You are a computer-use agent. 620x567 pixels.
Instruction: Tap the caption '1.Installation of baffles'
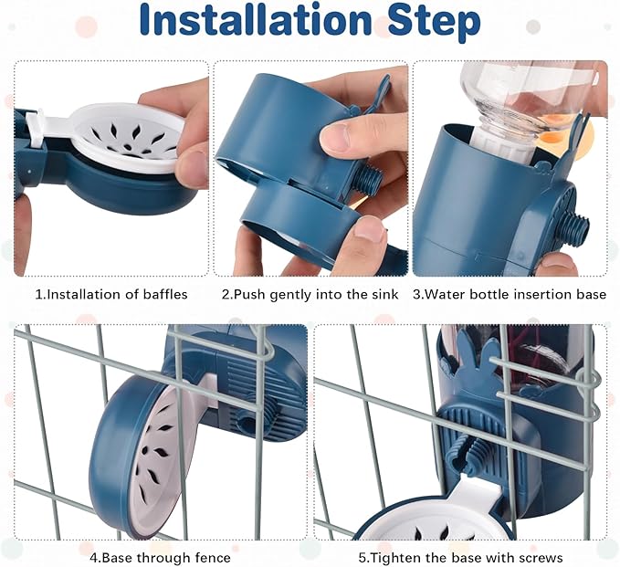111,294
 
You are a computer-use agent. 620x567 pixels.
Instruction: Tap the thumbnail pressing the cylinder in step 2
335,138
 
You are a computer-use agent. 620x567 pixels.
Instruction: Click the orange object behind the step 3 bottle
590,135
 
